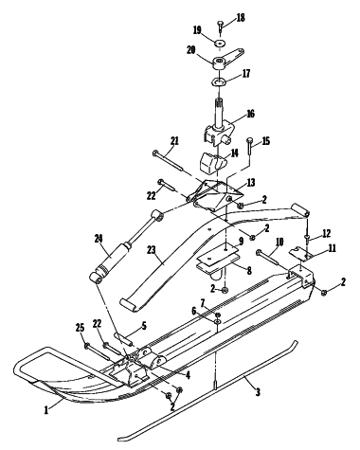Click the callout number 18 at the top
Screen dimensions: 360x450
[x=241, y=18]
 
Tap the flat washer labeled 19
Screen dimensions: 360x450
[x=220, y=43]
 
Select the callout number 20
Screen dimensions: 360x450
[x=191, y=50]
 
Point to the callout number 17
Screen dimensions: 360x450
[x=246, y=74]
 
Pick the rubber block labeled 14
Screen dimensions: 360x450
[x=212, y=163]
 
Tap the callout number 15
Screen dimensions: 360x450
[x=266, y=141]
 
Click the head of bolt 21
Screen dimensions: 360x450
[x=154, y=153]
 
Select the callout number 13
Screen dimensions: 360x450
[x=251, y=183]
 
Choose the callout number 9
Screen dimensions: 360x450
[x=242, y=242]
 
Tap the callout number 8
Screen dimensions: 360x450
[x=249, y=271]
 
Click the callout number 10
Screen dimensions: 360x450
[x=279, y=242]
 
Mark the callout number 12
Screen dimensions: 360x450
[x=327, y=233]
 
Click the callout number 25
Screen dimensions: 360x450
[x=81, y=328]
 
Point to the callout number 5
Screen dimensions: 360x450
[x=144, y=326]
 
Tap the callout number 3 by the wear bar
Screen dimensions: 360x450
[x=258, y=392]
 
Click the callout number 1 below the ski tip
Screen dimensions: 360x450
[x=46, y=410]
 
